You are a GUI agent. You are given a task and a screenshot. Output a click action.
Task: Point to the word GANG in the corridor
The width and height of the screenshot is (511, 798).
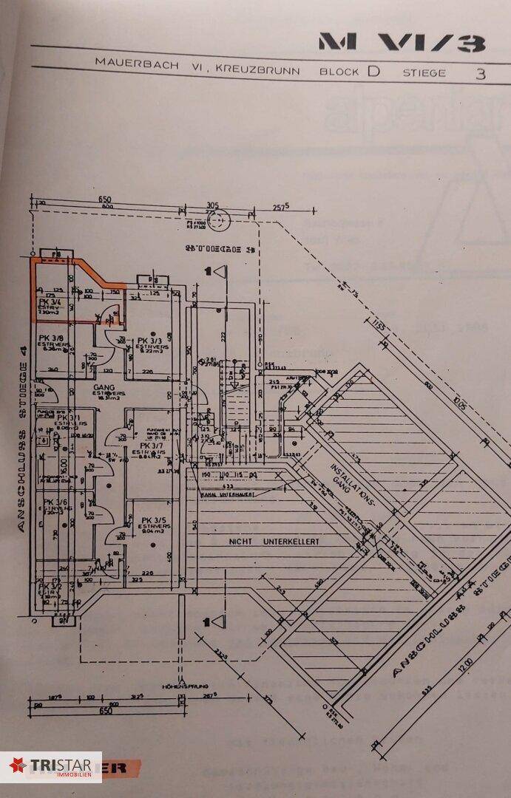[x=101, y=386]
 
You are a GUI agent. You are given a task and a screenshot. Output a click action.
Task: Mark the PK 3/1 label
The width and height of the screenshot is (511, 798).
[x=69, y=417]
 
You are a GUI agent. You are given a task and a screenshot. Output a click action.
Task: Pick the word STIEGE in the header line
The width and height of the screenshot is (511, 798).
[x=424, y=72]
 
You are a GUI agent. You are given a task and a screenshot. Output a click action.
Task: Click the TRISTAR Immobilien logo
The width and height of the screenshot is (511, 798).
[x=51, y=766]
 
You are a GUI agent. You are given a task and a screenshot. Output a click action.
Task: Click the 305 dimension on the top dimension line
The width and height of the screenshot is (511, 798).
[x=212, y=205]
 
